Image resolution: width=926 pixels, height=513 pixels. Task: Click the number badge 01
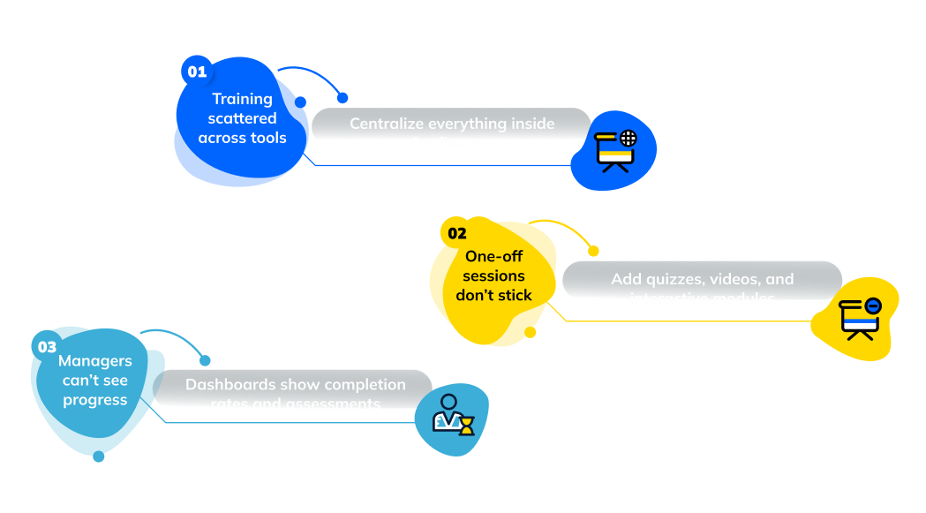click(x=196, y=72)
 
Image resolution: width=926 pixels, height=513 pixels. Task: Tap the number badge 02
click(x=456, y=234)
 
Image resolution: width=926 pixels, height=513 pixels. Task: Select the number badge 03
click(x=47, y=347)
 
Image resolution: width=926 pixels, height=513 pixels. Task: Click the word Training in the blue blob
click(x=242, y=99)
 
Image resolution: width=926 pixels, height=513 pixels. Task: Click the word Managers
click(x=94, y=361)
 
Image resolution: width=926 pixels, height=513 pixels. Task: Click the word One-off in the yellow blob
click(x=494, y=256)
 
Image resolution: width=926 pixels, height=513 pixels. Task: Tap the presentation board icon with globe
click(x=615, y=150)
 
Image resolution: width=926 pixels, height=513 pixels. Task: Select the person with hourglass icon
click(x=453, y=414)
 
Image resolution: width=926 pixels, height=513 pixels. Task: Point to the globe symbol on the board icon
click(x=628, y=138)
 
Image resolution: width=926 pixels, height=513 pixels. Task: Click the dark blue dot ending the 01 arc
click(x=343, y=98)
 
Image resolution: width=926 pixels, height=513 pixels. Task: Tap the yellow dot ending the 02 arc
click(x=593, y=252)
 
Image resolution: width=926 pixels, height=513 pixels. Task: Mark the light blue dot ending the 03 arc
click(x=205, y=360)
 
